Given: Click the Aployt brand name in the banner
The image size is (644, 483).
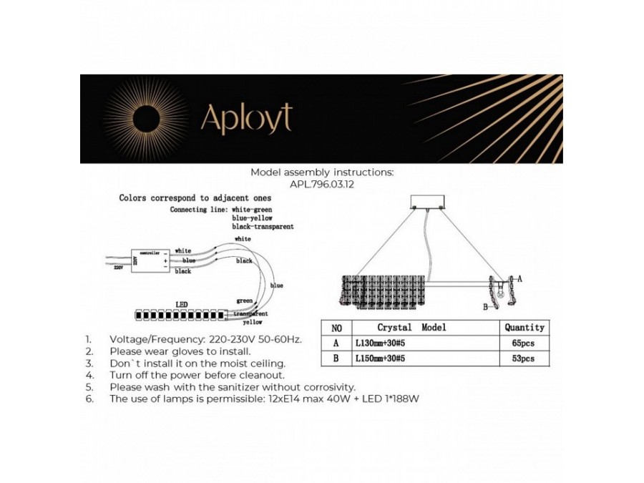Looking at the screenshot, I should click(246, 119).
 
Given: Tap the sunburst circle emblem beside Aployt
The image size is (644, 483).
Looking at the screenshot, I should click(149, 118).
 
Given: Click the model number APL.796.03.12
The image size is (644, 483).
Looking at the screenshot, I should click(322, 184).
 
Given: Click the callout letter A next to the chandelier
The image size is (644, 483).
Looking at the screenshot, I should click(520, 278).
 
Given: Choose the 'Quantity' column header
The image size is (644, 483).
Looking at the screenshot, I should click(524, 327).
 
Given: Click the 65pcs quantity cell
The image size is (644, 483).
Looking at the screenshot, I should click(524, 343).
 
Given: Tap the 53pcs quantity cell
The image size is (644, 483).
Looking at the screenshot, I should click(524, 358).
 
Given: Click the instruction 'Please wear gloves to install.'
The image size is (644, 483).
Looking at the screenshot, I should click(180, 351).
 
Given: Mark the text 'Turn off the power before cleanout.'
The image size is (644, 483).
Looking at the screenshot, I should click(197, 375).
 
